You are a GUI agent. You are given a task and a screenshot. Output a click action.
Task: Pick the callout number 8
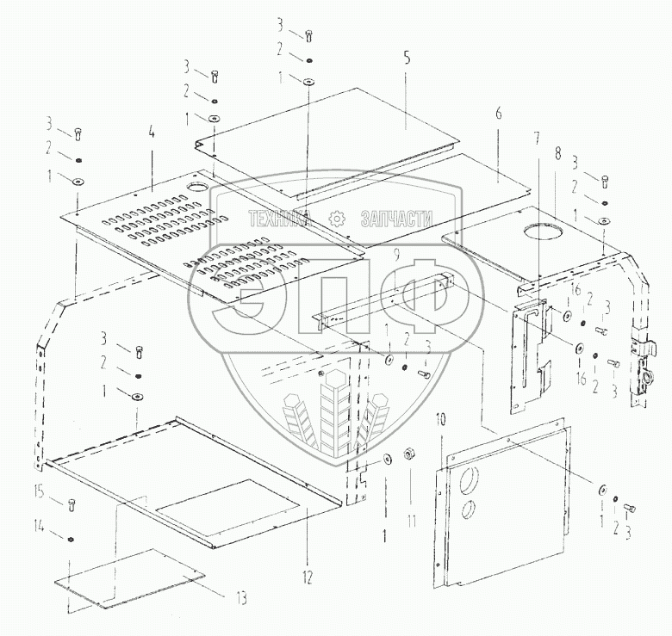pyautogui.click(x=558, y=154)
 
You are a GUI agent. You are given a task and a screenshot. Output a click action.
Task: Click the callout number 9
pyautogui.click(x=395, y=255)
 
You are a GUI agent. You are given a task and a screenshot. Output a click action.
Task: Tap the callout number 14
pyautogui.click(x=38, y=522)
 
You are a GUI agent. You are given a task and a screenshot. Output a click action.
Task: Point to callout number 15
pyautogui.click(x=38, y=491)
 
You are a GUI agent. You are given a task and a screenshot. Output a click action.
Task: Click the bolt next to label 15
pyautogui.click(x=71, y=505)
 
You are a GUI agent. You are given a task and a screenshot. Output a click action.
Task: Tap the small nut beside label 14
pyautogui.click(x=71, y=540)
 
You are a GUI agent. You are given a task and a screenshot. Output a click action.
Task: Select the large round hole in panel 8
pyautogui.click(x=540, y=231)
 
